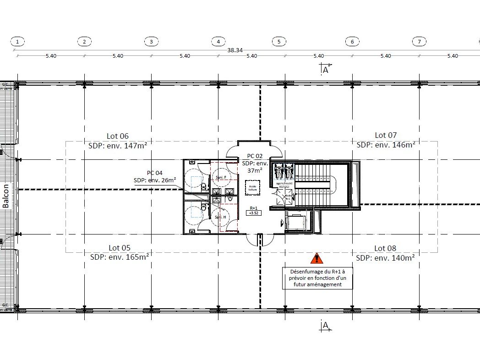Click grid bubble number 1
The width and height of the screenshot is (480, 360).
click(17, 42)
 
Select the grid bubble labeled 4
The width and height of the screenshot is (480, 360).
click(218, 42)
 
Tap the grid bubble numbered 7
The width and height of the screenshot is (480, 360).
click(419, 42)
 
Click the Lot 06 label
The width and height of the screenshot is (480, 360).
click(118, 136)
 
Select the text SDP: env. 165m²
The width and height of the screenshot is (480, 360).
click(119, 257)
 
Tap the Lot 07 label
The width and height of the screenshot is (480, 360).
click(386, 135)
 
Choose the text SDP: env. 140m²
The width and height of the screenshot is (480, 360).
click(385, 258)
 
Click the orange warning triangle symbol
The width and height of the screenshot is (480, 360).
click(316, 259)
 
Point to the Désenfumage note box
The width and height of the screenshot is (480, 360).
click(318, 278)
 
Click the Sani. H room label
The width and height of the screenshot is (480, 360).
click(221, 217)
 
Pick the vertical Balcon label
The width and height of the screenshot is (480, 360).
click(6, 196)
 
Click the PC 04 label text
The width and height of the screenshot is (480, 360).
click(154, 173)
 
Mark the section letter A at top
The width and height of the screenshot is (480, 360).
click(326, 70)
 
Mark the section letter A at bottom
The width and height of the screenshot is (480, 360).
click(326, 326)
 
